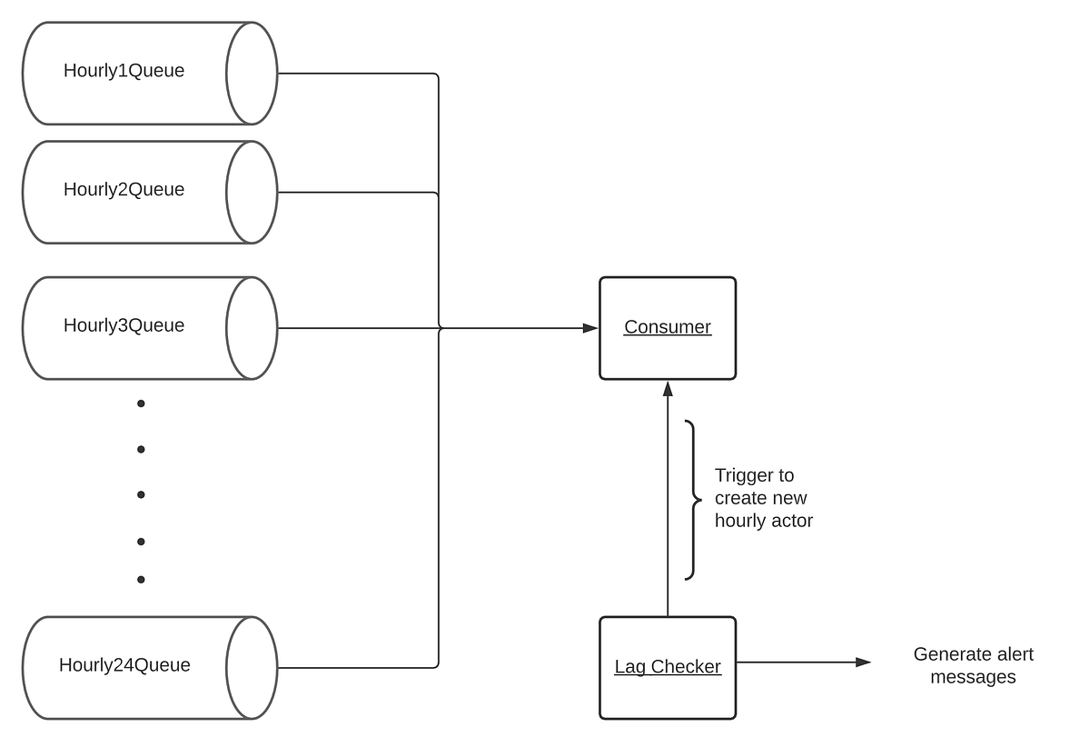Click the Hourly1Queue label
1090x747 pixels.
coord(124,71)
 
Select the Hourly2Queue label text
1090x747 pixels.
coord(124,190)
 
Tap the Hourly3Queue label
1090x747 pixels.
coord(124,326)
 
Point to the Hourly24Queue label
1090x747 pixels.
coord(124,665)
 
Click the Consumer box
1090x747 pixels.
coord(668,328)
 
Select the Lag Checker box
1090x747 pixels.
coord(668,667)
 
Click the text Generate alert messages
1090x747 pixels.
coord(973,665)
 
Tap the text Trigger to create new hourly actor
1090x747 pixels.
coord(763,498)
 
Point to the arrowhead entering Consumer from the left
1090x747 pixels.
coord(590,328)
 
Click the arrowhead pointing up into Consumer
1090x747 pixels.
coord(668,388)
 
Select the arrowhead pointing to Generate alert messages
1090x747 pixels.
coord(863,662)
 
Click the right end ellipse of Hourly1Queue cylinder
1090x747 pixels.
coord(252,74)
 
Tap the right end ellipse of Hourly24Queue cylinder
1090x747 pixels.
coord(252,668)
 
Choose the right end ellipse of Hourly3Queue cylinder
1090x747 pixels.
coord(252,328)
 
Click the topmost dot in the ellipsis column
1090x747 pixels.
coord(141,403)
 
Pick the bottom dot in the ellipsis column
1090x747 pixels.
coord(141,579)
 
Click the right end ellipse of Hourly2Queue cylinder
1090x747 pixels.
coord(252,192)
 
